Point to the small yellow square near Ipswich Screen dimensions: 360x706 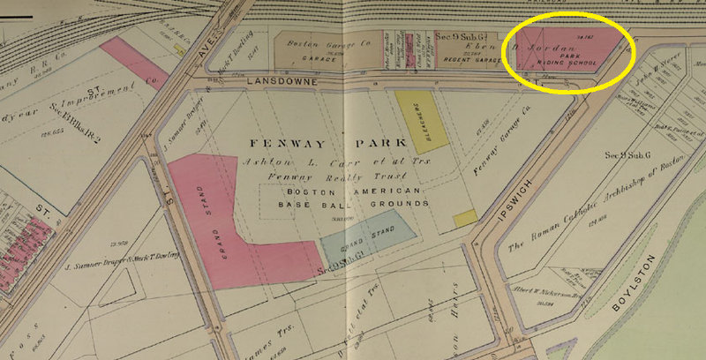point(465,216)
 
